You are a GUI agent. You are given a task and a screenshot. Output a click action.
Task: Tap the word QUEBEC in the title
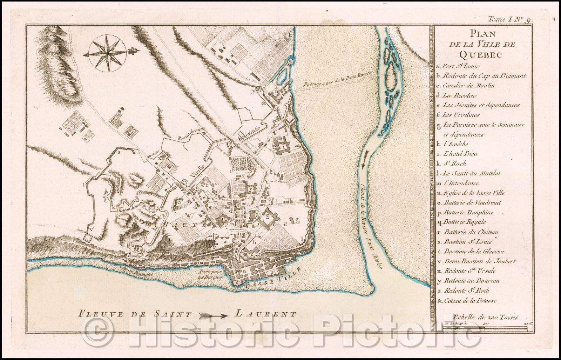pyautogui.click(x=482, y=54)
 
